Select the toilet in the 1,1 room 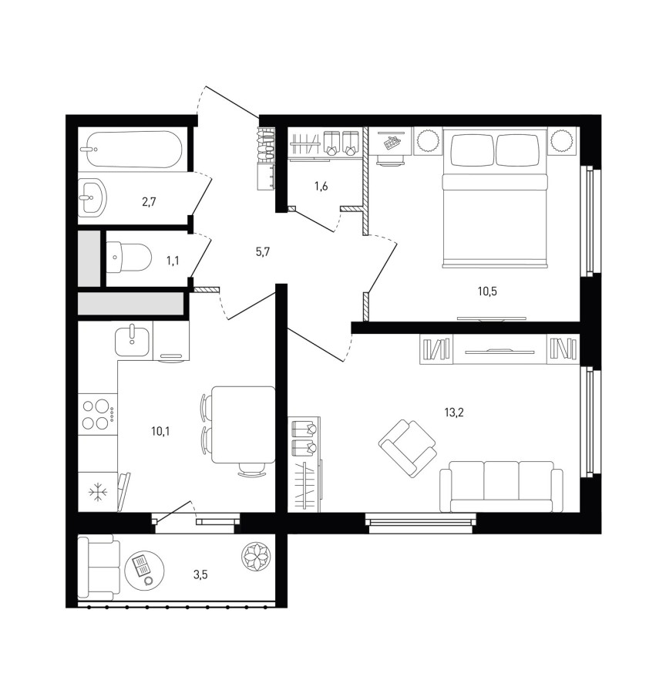point(129,257)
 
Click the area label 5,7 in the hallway point(263,252)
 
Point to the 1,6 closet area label point(321,187)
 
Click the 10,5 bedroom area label point(487,291)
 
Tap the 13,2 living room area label point(454,413)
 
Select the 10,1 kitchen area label point(160,430)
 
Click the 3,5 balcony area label point(200,575)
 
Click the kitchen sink point(132,342)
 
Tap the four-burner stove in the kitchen point(96,414)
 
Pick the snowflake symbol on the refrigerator point(97,492)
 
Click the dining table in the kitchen point(244,424)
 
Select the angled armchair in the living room point(408,448)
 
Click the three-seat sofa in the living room point(501,487)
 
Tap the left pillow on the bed point(473,150)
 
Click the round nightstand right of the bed point(563,141)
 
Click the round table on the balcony point(145,570)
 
